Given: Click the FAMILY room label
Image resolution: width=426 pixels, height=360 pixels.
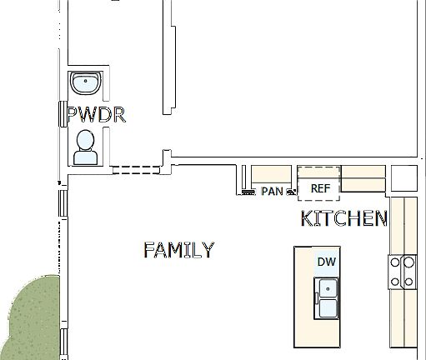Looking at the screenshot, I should coord(178,250).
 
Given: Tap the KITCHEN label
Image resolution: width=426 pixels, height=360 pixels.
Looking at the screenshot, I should coord(343,219).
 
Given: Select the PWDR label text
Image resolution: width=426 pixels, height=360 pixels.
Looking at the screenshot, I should coord(96,115).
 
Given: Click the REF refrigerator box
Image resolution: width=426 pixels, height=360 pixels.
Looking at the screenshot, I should coord(321,188).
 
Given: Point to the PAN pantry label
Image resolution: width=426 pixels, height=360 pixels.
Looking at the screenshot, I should coord(273,191).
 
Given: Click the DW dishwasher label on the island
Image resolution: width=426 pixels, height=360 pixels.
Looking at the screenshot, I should coord(326,262).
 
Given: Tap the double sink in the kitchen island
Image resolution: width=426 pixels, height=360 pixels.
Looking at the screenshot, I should coord(326,299).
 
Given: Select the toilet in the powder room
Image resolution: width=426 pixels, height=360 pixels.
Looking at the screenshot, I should coord(85,147).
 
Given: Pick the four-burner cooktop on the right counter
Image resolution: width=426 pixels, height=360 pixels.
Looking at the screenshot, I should coord(403,272).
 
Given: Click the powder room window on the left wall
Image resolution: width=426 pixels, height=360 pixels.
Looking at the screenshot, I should coord(61,113).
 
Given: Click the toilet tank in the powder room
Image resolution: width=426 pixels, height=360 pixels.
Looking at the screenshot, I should coord(85,157).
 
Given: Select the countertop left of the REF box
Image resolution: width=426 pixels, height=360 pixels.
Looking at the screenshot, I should coord(273,173).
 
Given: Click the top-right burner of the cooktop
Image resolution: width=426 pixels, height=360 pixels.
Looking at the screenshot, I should coord(409,262).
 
